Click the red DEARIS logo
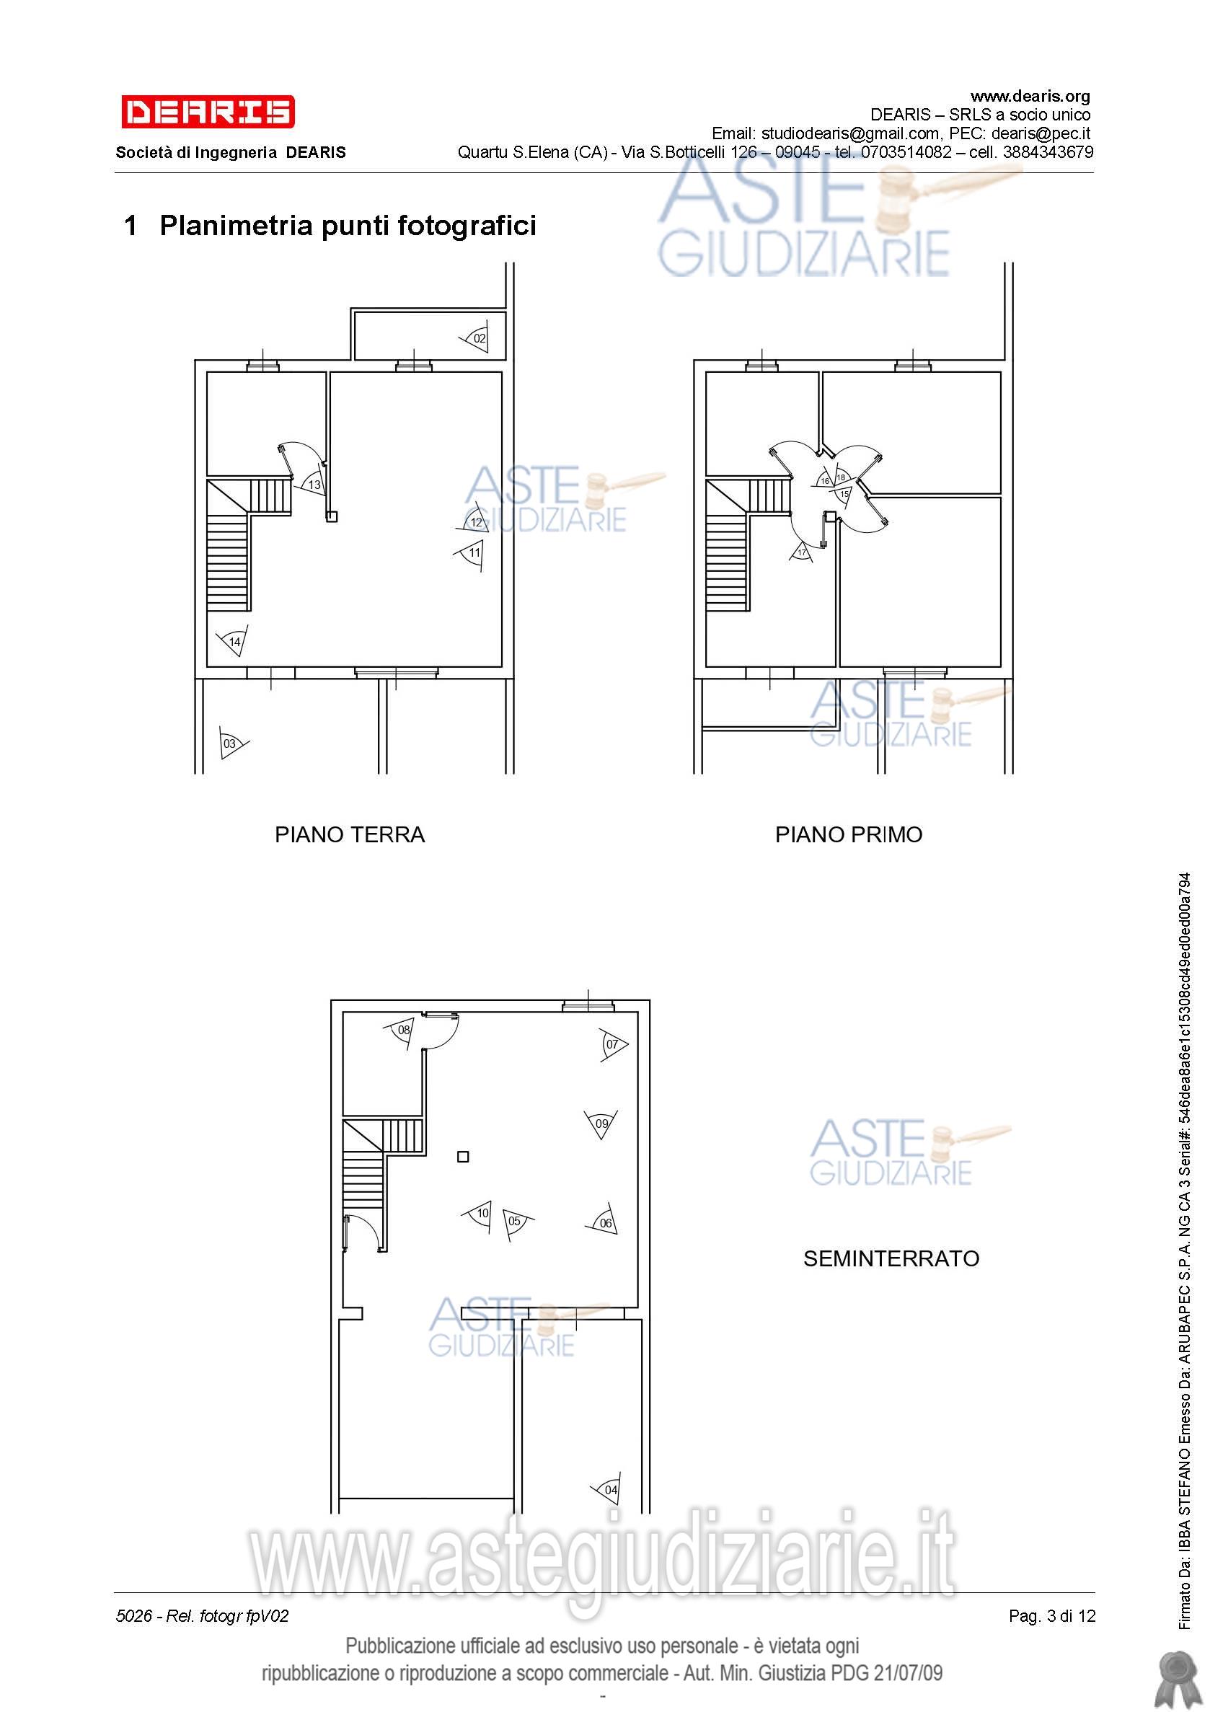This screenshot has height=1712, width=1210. coord(208,112)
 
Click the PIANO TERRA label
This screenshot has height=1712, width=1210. coord(350,834)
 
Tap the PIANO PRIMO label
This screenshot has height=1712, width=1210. coord(849,834)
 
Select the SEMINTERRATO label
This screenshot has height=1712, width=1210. coord(891,1258)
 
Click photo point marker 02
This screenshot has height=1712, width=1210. coord(476,337)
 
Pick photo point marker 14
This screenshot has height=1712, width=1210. coord(233,641)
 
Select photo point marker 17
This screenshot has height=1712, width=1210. coord(801,552)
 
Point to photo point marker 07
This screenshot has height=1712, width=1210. coord(614,1045)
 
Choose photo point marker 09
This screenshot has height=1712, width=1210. coord(601,1124)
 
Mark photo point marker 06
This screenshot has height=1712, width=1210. coord(602,1222)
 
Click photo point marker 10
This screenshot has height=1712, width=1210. coord(478,1214)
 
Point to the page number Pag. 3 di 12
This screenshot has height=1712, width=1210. coord(1052,1616)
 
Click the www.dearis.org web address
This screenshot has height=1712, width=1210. coord(1030,96)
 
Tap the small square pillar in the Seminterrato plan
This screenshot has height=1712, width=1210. coord(463,1157)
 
